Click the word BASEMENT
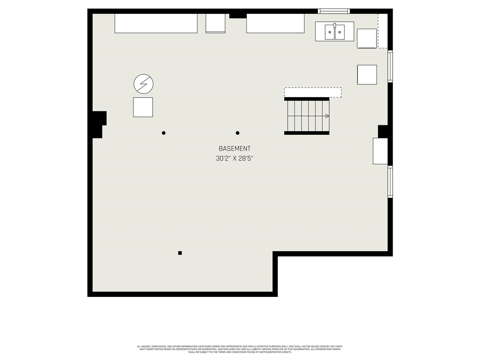pos(234,148)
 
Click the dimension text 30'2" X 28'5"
pos(235,159)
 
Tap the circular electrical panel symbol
pos(144,84)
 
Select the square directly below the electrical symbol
pos(143,107)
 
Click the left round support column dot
pos(163,133)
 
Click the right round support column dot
pos(237,133)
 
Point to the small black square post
pos(180,253)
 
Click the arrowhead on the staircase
pos(327,116)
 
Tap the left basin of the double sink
pos(330,32)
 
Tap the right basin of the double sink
pos(340,32)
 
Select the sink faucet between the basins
pos(334,25)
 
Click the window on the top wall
pos(334,11)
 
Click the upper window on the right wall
pos(390,66)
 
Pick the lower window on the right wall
pos(390,181)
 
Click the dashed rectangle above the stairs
pos(313,92)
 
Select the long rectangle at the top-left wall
pos(156,23)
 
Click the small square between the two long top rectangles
pos(216,23)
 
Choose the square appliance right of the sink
pos(367,39)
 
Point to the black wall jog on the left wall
pos(98,124)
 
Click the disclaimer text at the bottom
pos(240,349)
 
